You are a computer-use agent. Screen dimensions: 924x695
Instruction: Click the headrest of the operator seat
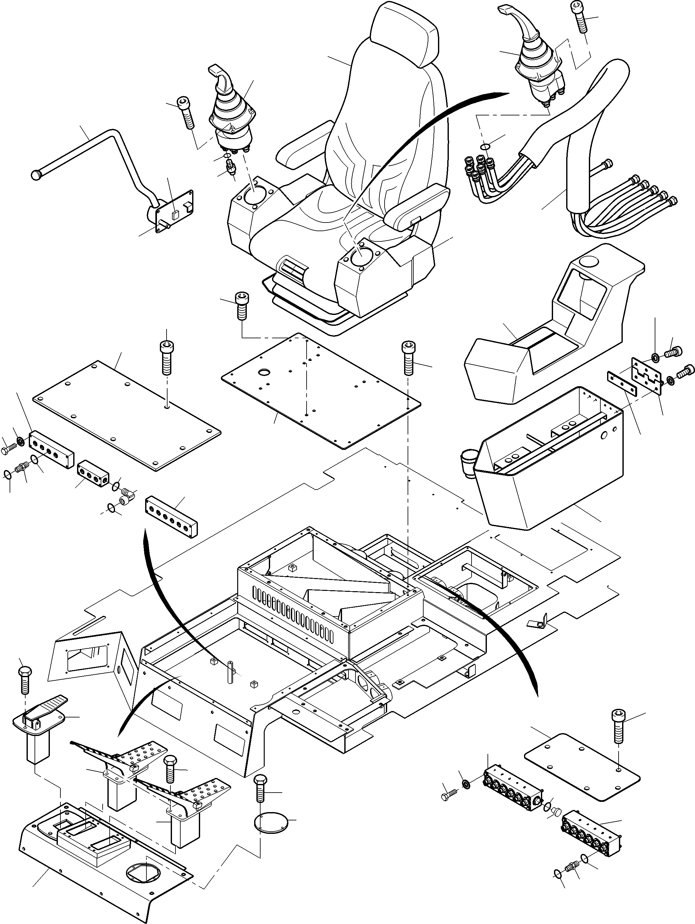click(x=404, y=35)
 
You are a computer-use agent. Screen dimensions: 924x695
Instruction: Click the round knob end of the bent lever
click(x=37, y=174)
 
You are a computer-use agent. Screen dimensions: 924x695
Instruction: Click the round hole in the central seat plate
click(x=264, y=372)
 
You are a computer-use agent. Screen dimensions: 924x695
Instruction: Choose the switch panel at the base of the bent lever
click(x=175, y=211)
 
